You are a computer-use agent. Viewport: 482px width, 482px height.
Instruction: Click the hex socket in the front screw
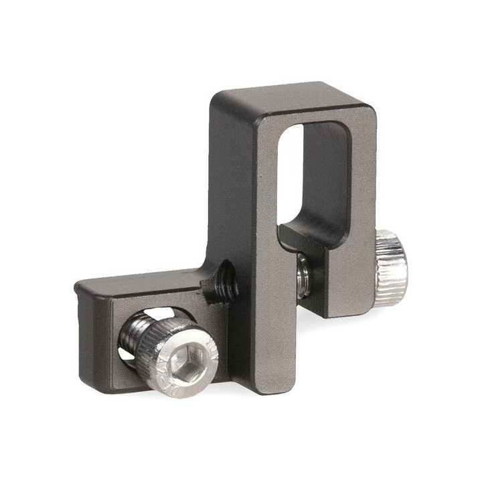[x=182, y=362]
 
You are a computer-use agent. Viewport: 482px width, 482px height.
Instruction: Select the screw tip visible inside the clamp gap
[x=303, y=271]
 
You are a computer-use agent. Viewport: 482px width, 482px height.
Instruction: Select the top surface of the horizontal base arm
[x=141, y=281]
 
